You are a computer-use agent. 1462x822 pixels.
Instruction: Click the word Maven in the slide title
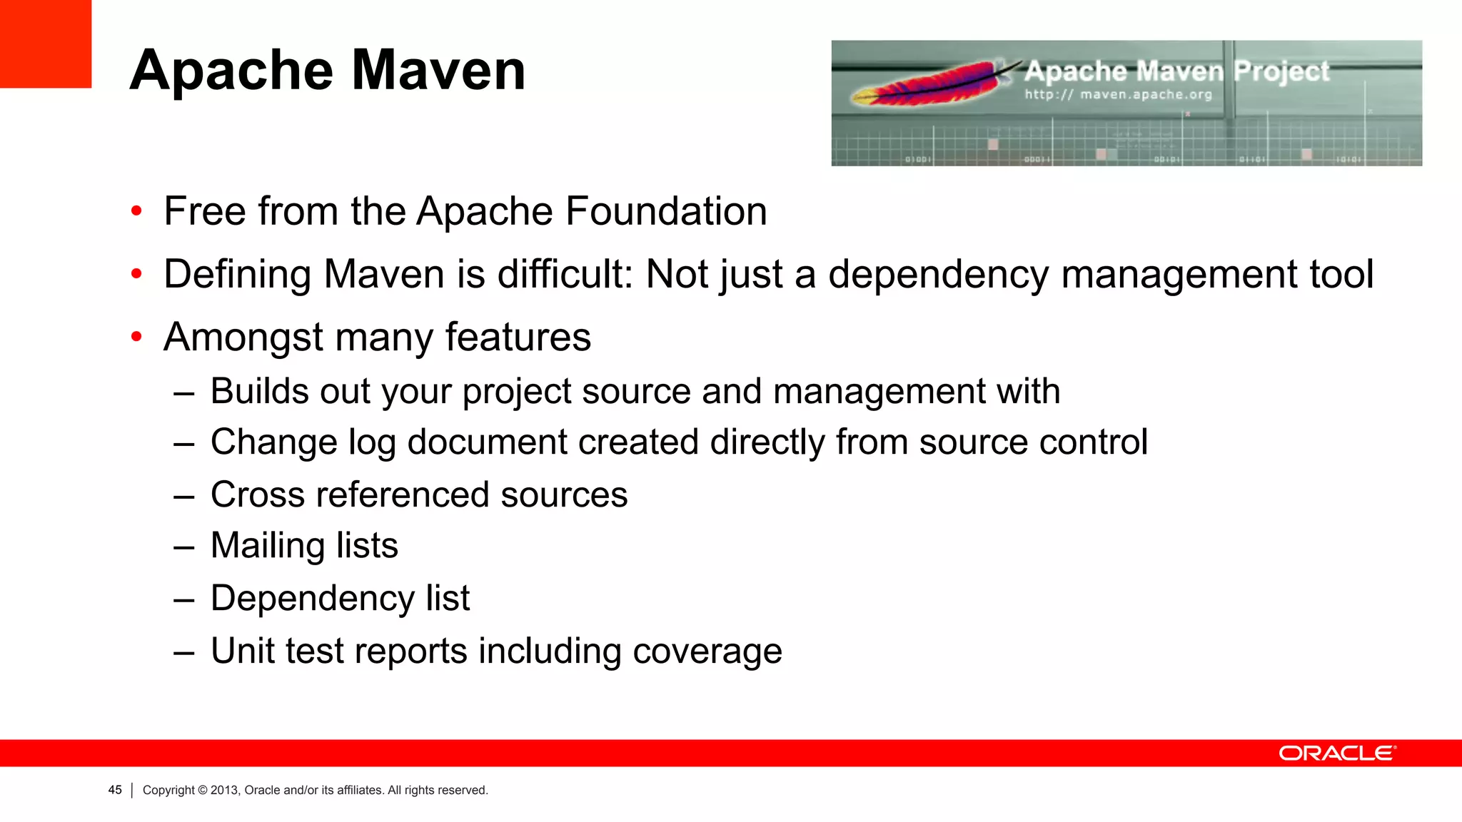point(438,71)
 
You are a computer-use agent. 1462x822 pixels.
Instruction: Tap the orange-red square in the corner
point(45,44)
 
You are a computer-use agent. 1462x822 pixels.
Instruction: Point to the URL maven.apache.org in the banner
point(1145,94)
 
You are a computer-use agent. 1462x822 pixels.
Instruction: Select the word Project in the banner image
point(1281,71)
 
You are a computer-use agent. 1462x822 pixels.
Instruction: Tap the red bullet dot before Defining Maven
point(136,274)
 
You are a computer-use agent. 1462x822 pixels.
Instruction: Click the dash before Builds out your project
point(183,392)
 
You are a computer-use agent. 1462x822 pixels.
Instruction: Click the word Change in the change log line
point(273,442)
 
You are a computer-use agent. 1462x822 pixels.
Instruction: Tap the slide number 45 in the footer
point(115,790)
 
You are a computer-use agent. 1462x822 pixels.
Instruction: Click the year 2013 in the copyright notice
point(223,790)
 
